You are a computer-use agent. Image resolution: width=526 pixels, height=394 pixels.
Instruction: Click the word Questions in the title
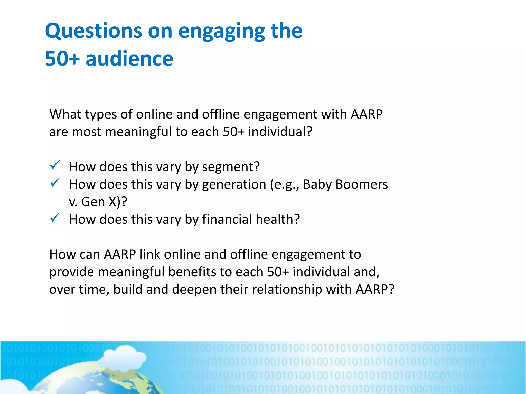click(93, 31)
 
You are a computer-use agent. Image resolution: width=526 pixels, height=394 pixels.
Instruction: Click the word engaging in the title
click(221, 31)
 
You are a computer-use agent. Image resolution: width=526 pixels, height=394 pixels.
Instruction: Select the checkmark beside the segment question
click(55, 165)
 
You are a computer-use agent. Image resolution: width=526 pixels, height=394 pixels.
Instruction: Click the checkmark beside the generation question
click(55, 182)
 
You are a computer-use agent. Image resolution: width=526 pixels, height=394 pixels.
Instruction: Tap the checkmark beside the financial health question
click(55, 218)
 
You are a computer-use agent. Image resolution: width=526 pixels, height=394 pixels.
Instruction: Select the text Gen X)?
click(104, 202)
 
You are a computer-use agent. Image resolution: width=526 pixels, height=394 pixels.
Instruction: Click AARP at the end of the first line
click(367, 114)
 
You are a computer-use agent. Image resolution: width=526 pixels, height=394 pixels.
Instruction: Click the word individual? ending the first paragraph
click(280, 132)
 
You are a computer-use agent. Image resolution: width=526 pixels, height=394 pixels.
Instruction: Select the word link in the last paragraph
click(150, 254)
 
